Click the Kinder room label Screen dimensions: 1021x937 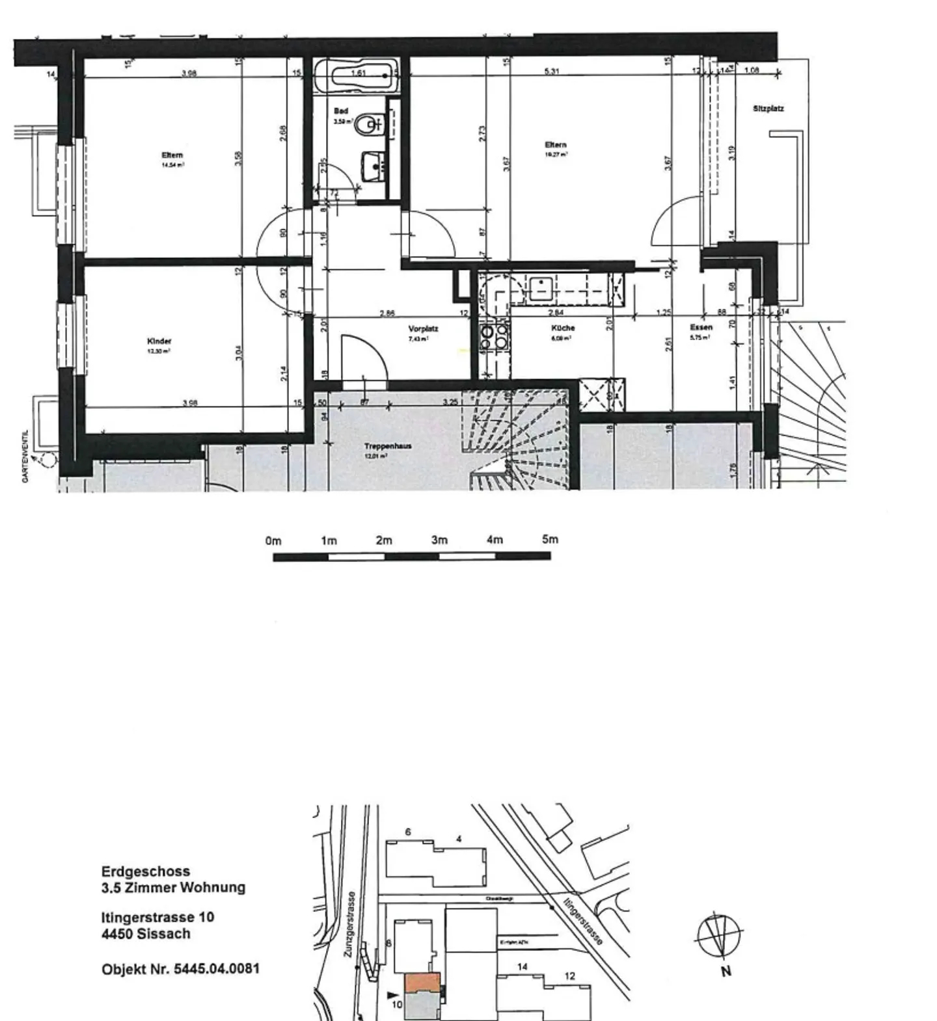pyautogui.click(x=159, y=341)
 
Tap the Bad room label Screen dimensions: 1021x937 pyautogui.click(x=341, y=111)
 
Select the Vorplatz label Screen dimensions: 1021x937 pyautogui.click(x=423, y=329)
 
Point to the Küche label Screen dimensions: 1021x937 pyautogui.click(x=562, y=328)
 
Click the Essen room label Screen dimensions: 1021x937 pyautogui.click(x=701, y=328)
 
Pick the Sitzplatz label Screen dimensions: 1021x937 pyautogui.click(x=768, y=109)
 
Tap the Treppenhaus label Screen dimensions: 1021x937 pyautogui.click(x=387, y=446)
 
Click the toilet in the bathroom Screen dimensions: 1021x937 pyautogui.click(x=371, y=124)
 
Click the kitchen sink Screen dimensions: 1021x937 pyautogui.click(x=540, y=286)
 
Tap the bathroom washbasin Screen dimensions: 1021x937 pyautogui.click(x=373, y=166)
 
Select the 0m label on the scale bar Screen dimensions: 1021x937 pyautogui.click(x=273, y=541)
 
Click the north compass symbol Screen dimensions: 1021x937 pyautogui.click(x=720, y=937)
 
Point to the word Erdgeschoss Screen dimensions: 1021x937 pyautogui.click(x=146, y=871)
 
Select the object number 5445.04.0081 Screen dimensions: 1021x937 pyautogui.click(x=217, y=969)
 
